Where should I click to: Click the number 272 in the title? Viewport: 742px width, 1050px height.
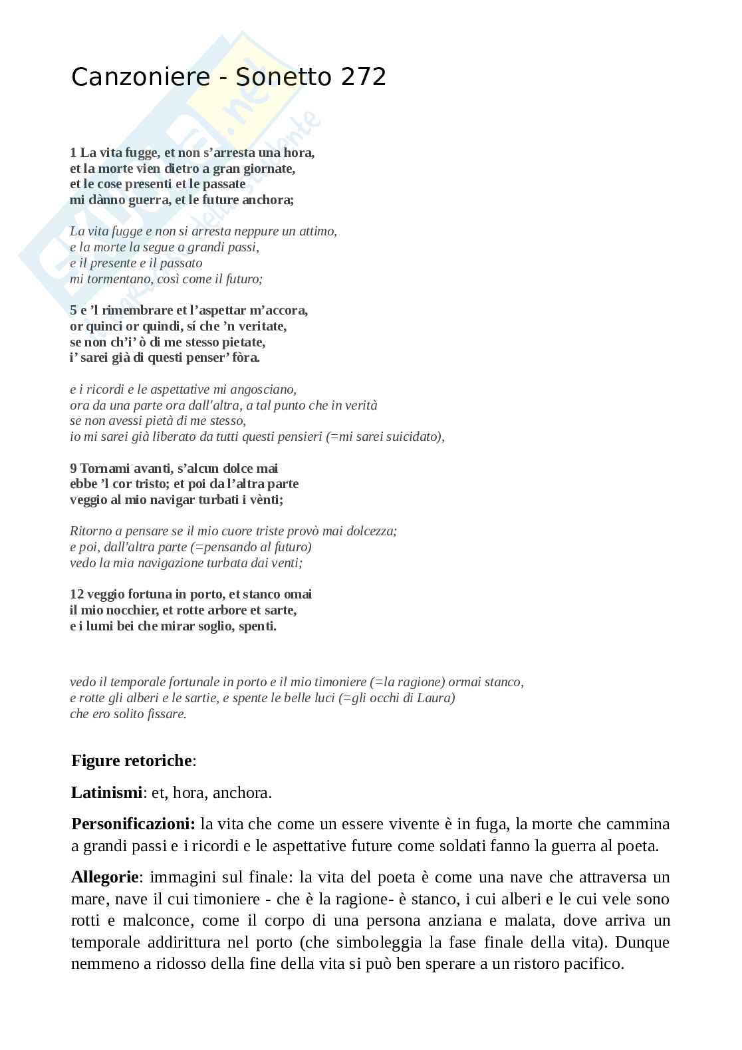tap(364, 78)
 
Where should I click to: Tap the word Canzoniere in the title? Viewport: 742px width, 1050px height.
tap(140, 78)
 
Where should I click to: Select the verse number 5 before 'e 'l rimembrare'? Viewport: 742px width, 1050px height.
tap(73, 311)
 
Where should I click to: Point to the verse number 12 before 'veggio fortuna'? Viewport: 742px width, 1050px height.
tap(76, 594)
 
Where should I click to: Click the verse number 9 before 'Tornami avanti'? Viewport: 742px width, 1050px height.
tap(73, 469)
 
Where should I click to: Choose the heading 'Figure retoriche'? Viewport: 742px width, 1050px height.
tap(132, 761)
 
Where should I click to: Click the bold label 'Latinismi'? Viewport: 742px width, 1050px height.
tap(106, 793)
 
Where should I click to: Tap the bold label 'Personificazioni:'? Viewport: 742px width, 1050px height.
tap(133, 825)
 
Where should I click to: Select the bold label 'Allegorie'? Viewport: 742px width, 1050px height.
tap(105, 877)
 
